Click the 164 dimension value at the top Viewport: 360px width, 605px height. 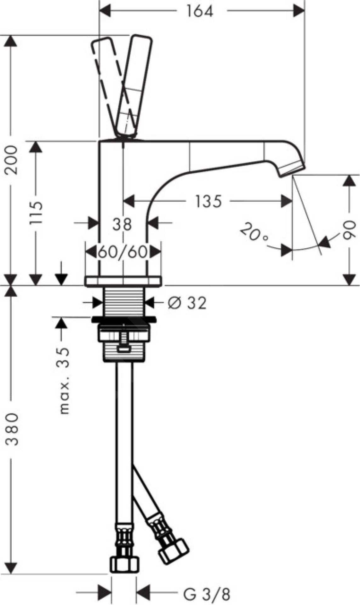tap(200, 12)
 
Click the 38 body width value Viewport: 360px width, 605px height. tap(122, 225)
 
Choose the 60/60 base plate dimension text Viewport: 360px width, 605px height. tap(123, 252)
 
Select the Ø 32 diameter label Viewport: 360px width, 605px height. tap(187, 303)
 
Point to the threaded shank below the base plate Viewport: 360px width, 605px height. tap(124, 301)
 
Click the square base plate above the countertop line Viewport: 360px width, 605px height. tap(123, 281)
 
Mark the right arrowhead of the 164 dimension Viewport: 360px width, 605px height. tap(299, 12)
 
